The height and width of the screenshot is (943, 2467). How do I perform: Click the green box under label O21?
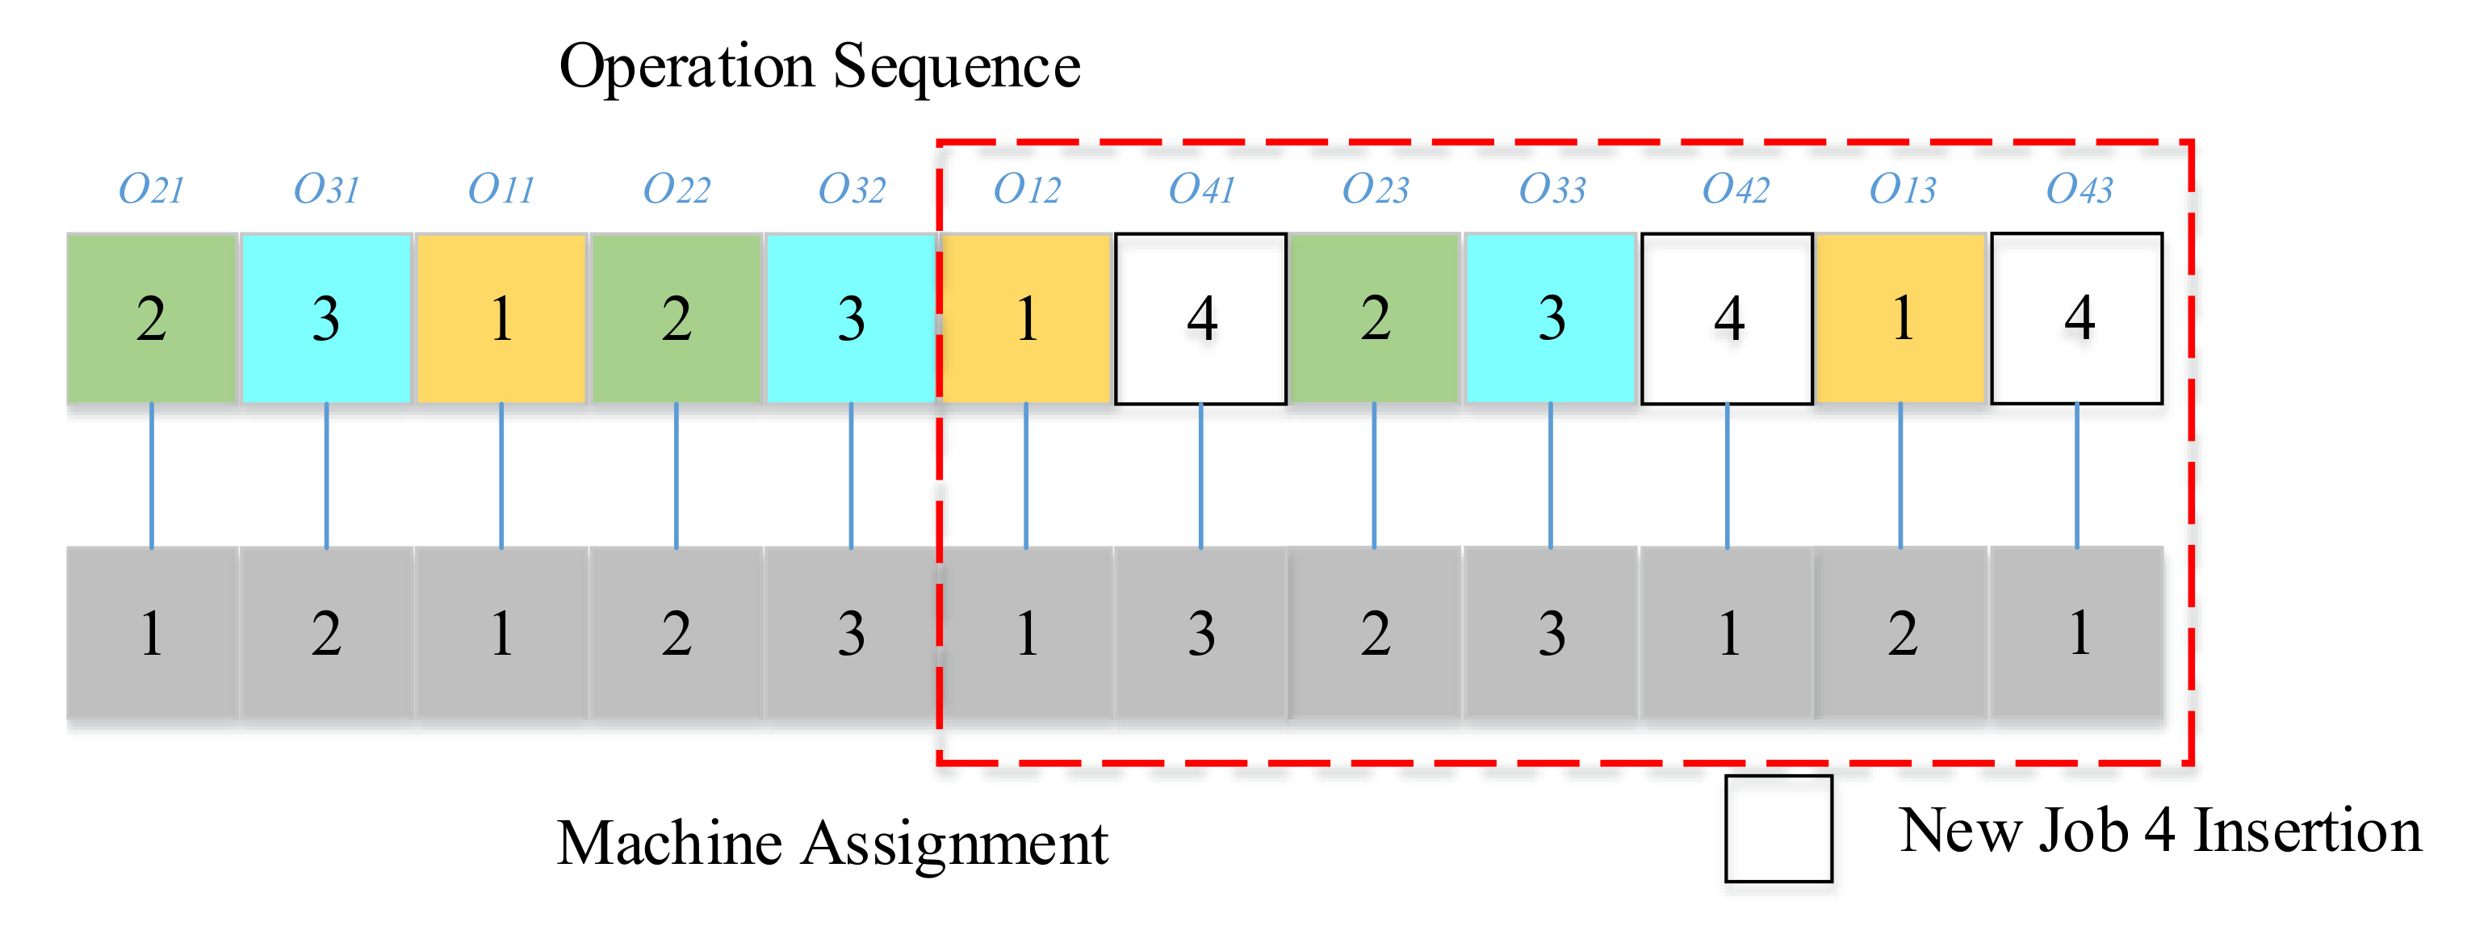tap(151, 318)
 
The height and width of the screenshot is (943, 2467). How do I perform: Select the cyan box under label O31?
tap(327, 318)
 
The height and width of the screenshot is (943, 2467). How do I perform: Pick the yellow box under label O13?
tap(1901, 318)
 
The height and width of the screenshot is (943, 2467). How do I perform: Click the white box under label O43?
tap(2076, 318)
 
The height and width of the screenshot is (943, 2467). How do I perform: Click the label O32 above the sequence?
tap(852, 189)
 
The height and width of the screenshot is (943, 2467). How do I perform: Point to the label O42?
tap(1734, 189)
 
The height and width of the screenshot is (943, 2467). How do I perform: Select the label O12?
tap(1027, 189)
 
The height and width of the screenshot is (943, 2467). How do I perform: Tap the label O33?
tap(1552, 189)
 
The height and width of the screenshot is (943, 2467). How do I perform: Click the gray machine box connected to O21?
tap(151, 633)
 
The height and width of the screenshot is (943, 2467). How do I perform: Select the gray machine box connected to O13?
tap(1901, 633)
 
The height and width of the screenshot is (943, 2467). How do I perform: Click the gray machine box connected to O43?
tap(2076, 633)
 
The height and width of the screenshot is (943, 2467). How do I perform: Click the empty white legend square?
tap(1778, 828)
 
